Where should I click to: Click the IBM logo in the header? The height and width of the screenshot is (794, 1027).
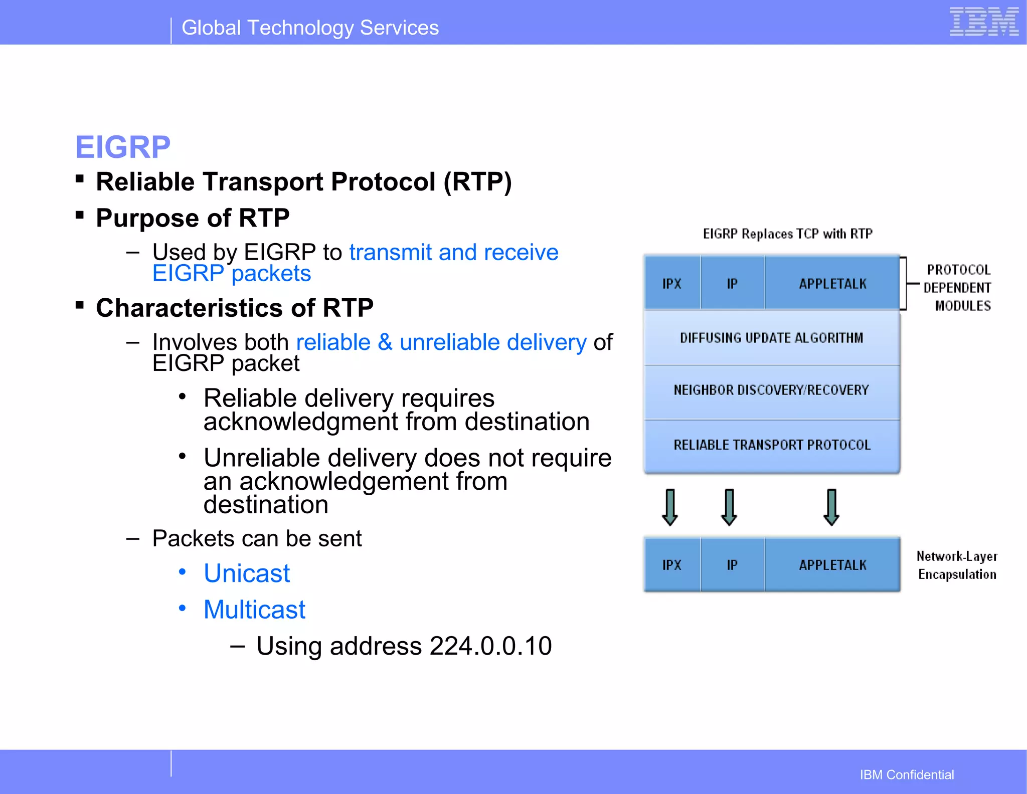983,22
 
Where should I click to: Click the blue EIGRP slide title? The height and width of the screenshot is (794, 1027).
123,147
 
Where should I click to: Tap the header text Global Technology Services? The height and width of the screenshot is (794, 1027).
310,28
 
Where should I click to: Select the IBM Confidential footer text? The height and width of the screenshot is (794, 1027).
907,774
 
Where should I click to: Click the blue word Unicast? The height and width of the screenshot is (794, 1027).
247,573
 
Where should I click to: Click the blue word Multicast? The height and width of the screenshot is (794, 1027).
254,610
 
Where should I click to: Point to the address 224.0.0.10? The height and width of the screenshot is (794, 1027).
490,646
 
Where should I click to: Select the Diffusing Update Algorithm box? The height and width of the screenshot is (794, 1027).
771,338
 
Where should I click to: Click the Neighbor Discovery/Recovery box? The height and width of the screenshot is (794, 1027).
771,390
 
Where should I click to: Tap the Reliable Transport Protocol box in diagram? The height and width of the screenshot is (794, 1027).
771,445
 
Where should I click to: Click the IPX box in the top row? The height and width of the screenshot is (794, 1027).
672,284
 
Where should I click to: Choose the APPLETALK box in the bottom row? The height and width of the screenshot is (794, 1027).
832,565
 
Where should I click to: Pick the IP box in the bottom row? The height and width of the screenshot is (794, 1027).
732,565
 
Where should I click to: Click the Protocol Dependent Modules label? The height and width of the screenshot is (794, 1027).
958,288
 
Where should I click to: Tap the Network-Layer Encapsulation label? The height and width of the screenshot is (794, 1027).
957,565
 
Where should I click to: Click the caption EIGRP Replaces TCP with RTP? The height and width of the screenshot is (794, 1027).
787,234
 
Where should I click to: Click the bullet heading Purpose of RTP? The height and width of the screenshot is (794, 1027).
193,218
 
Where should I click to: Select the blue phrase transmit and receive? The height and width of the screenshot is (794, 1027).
453,252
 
